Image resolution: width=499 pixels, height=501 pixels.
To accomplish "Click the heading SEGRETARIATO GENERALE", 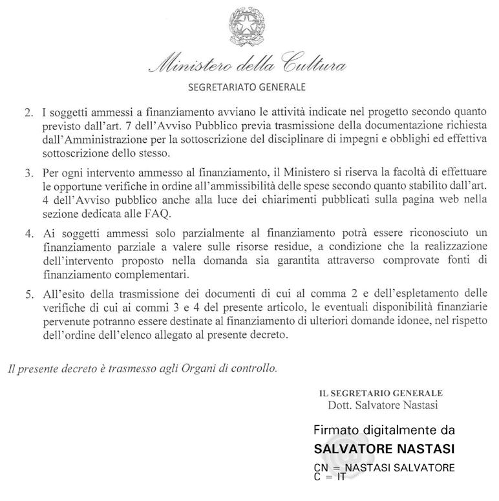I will (246, 85).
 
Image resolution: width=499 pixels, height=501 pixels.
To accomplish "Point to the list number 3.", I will (28, 175).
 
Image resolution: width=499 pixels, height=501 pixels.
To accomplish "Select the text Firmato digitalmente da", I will (384, 430).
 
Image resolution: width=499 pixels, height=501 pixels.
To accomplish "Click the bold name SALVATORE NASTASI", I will (384, 448).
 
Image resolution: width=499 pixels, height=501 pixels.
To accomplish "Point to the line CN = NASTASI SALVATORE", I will (384, 467).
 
